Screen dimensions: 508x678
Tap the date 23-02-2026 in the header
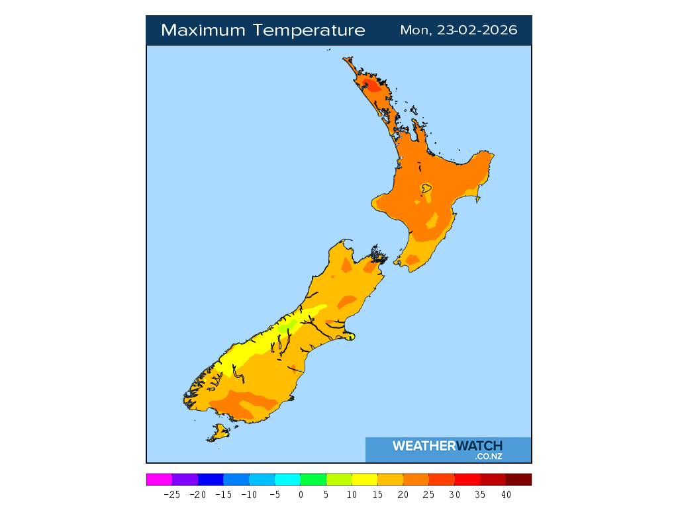[x=477, y=30]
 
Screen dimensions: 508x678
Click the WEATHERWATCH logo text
[x=447, y=446]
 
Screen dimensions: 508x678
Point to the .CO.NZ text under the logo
[x=488, y=456]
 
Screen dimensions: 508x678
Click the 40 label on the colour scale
[x=506, y=494]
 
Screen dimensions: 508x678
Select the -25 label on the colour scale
[x=172, y=494]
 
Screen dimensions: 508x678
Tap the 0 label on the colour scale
[x=301, y=494]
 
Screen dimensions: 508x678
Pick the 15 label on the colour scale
[x=377, y=494]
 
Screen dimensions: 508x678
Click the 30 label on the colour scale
[x=455, y=494]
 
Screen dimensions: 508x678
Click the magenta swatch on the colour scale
[x=159, y=480]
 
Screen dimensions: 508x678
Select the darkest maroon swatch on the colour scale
[x=518, y=480]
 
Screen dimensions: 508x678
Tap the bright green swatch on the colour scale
[x=313, y=480]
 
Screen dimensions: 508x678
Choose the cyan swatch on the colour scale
[x=287, y=480]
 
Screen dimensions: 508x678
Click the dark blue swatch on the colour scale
[x=211, y=480]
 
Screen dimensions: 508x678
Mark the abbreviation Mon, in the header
[x=415, y=30]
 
